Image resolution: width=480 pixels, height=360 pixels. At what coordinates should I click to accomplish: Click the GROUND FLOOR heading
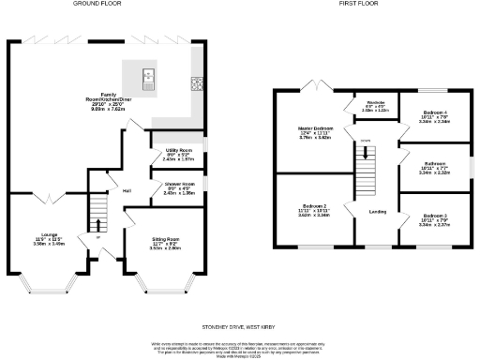click(x=101, y=4)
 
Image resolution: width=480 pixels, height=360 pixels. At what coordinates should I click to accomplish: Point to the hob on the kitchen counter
click(x=198, y=82)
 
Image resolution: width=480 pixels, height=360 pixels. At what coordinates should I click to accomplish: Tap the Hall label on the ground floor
click(x=126, y=190)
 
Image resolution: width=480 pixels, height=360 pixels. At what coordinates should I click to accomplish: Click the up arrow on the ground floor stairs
click(x=97, y=235)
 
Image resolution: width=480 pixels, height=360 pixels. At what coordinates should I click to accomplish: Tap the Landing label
click(x=379, y=212)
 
